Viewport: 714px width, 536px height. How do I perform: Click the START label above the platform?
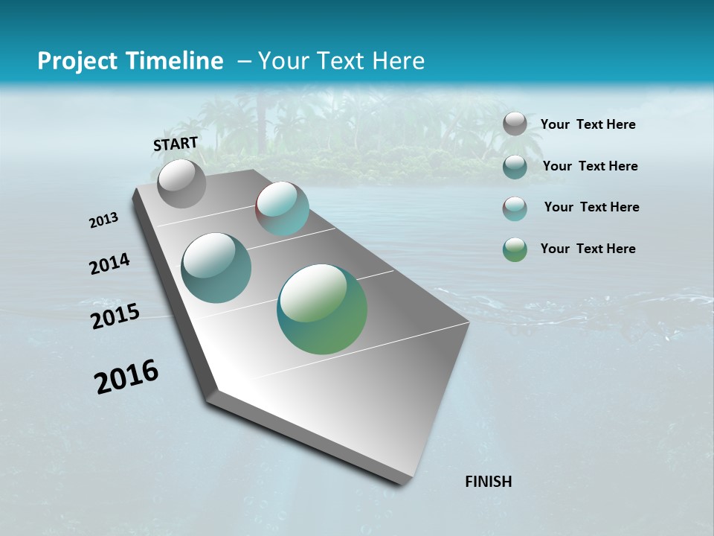click(x=176, y=144)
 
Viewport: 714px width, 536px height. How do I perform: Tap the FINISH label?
click(x=488, y=482)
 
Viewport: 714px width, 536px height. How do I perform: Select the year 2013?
click(x=103, y=220)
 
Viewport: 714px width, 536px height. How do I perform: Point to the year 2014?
click(x=109, y=264)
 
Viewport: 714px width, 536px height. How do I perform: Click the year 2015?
click(x=115, y=316)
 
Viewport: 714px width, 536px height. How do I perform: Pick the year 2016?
click(x=126, y=377)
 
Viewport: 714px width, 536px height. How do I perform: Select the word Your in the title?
click(x=283, y=61)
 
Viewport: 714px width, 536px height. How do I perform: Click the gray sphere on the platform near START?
click(x=181, y=183)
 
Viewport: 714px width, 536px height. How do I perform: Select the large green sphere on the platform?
click(x=322, y=309)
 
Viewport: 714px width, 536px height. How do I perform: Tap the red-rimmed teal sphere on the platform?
click(x=282, y=208)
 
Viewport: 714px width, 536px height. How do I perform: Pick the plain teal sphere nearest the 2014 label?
click(x=216, y=268)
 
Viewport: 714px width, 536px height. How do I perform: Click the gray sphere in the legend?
click(x=515, y=124)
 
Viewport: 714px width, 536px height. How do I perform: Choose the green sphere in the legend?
click(x=515, y=249)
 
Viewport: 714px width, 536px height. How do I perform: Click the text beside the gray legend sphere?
click(x=588, y=125)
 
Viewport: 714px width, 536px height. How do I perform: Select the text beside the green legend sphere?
click(x=588, y=249)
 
